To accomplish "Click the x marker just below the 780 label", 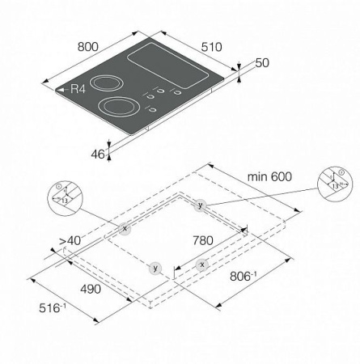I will pyautogui.click(x=201, y=265).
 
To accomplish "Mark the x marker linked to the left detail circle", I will pyautogui.click(x=125, y=229).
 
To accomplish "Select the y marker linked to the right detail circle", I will pyautogui.click(x=200, y=205).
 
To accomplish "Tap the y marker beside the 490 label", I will pyautogui.click(x=155, y=267).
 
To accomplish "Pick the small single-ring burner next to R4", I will pyautogui.click(x=104, y=83).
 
